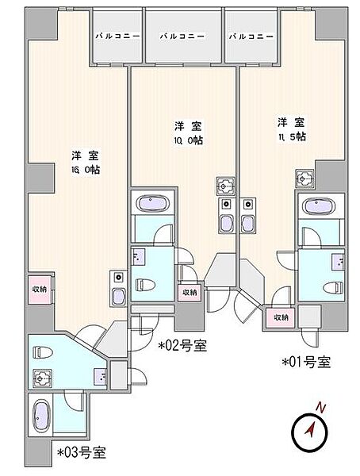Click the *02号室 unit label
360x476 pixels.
coord(182,345)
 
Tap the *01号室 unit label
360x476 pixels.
coord(307,362)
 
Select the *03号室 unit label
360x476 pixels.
coord(82,452)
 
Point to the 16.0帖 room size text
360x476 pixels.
coord(86,170)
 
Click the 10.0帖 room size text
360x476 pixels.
coord(188,140)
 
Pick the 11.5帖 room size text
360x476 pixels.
coord(291,137)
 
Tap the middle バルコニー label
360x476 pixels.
coord(182,36)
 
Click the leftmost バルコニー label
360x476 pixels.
coord(118,36)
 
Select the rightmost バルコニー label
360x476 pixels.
coord(251,36)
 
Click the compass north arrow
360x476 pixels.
coord(311,429)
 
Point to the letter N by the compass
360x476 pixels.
coord(320,408)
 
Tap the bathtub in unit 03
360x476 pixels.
coord(41,416)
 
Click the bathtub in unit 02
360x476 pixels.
coord(152,202)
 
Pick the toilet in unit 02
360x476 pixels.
coord(145,285)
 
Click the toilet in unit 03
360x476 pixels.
coord(43,352)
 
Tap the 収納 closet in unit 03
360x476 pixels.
coord(40,290)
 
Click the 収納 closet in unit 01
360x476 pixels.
coord(281,317)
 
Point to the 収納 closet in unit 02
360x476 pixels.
coord(190,292)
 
